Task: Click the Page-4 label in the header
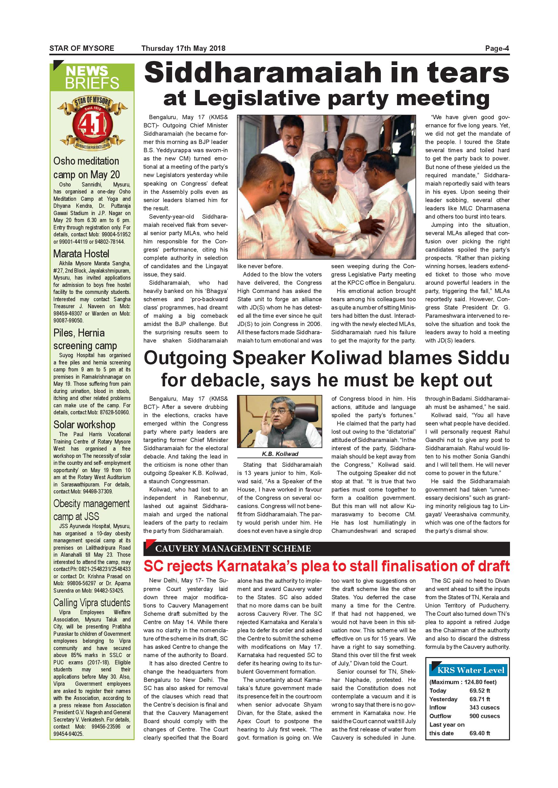click(497, 48)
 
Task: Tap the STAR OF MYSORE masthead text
click(82, 48)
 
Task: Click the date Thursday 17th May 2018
click(184, 48)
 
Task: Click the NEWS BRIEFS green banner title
click(92, 77)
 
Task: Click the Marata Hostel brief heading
click(81, 254)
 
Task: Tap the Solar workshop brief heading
click(84, 425)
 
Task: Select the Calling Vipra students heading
click(92, 603)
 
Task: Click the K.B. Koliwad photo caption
click(280, 454)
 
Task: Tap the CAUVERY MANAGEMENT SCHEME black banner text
click(233, 549)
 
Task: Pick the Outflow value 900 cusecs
click(485, 716)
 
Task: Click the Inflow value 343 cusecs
click(485, 707)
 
